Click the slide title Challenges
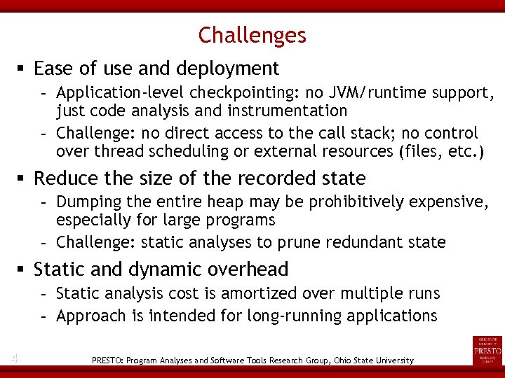pyautogui.click(x=252, y=35)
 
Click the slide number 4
pyautogui.click(x=14, y=359)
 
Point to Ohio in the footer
pyautogui.click(x=334, y=360)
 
